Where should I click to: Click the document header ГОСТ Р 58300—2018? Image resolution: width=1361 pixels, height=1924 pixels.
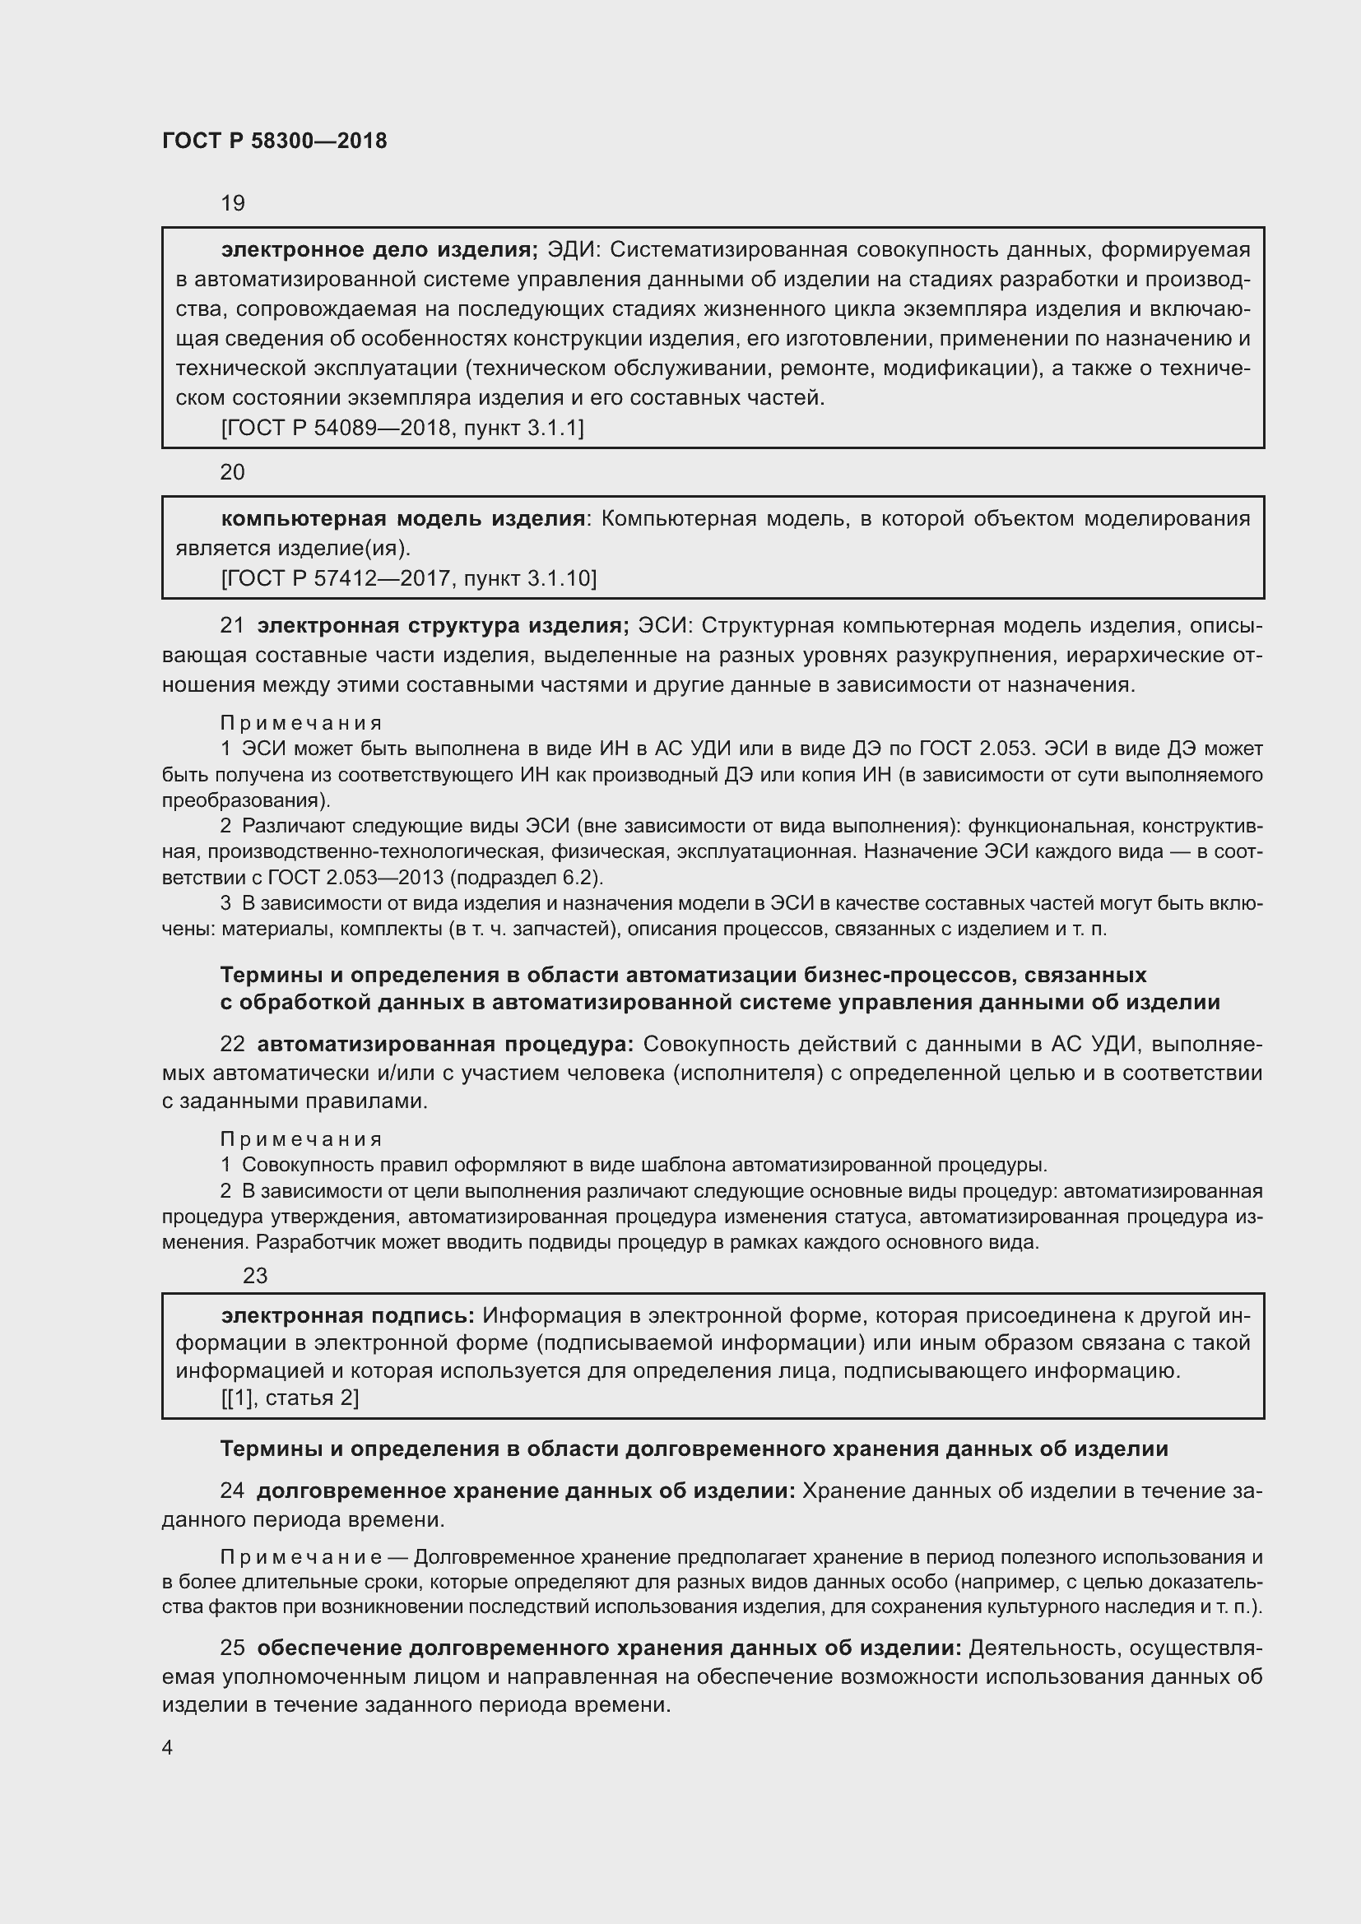[x=274, y=141]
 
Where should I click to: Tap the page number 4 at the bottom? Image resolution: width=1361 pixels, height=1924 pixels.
[x=168, y=1747]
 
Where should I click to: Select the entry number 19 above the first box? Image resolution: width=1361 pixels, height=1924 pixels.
[x=232, y=204]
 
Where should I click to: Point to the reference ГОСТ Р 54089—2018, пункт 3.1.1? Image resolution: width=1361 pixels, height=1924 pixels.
[x=402, y=429]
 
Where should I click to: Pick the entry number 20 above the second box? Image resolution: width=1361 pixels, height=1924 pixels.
[x=232, y=473]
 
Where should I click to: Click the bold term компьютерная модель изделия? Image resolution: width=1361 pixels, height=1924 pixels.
[x=402, y=519]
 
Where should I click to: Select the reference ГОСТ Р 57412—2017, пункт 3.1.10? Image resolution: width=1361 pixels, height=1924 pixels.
[x=409, y=578]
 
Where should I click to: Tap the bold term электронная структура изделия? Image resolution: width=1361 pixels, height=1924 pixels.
[x=443, y=626]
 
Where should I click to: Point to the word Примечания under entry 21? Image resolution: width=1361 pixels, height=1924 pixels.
[x=302, y=722]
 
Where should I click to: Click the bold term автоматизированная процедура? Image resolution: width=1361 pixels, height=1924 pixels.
[x=445, y=1044]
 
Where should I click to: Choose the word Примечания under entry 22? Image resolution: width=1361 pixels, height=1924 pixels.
[x=302, y=1138]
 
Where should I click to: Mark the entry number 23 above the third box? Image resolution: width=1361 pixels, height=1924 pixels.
[x=255, y=1276]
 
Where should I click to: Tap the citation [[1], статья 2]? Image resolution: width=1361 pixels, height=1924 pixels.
[x=290, y=1398]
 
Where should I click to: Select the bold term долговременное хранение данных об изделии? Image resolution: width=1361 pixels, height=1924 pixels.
[x=526, y=1491]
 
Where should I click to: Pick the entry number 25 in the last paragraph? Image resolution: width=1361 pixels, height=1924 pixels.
[x=232, y=1648]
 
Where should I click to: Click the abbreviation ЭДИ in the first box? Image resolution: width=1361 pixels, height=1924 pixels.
[x=573, y=250]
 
